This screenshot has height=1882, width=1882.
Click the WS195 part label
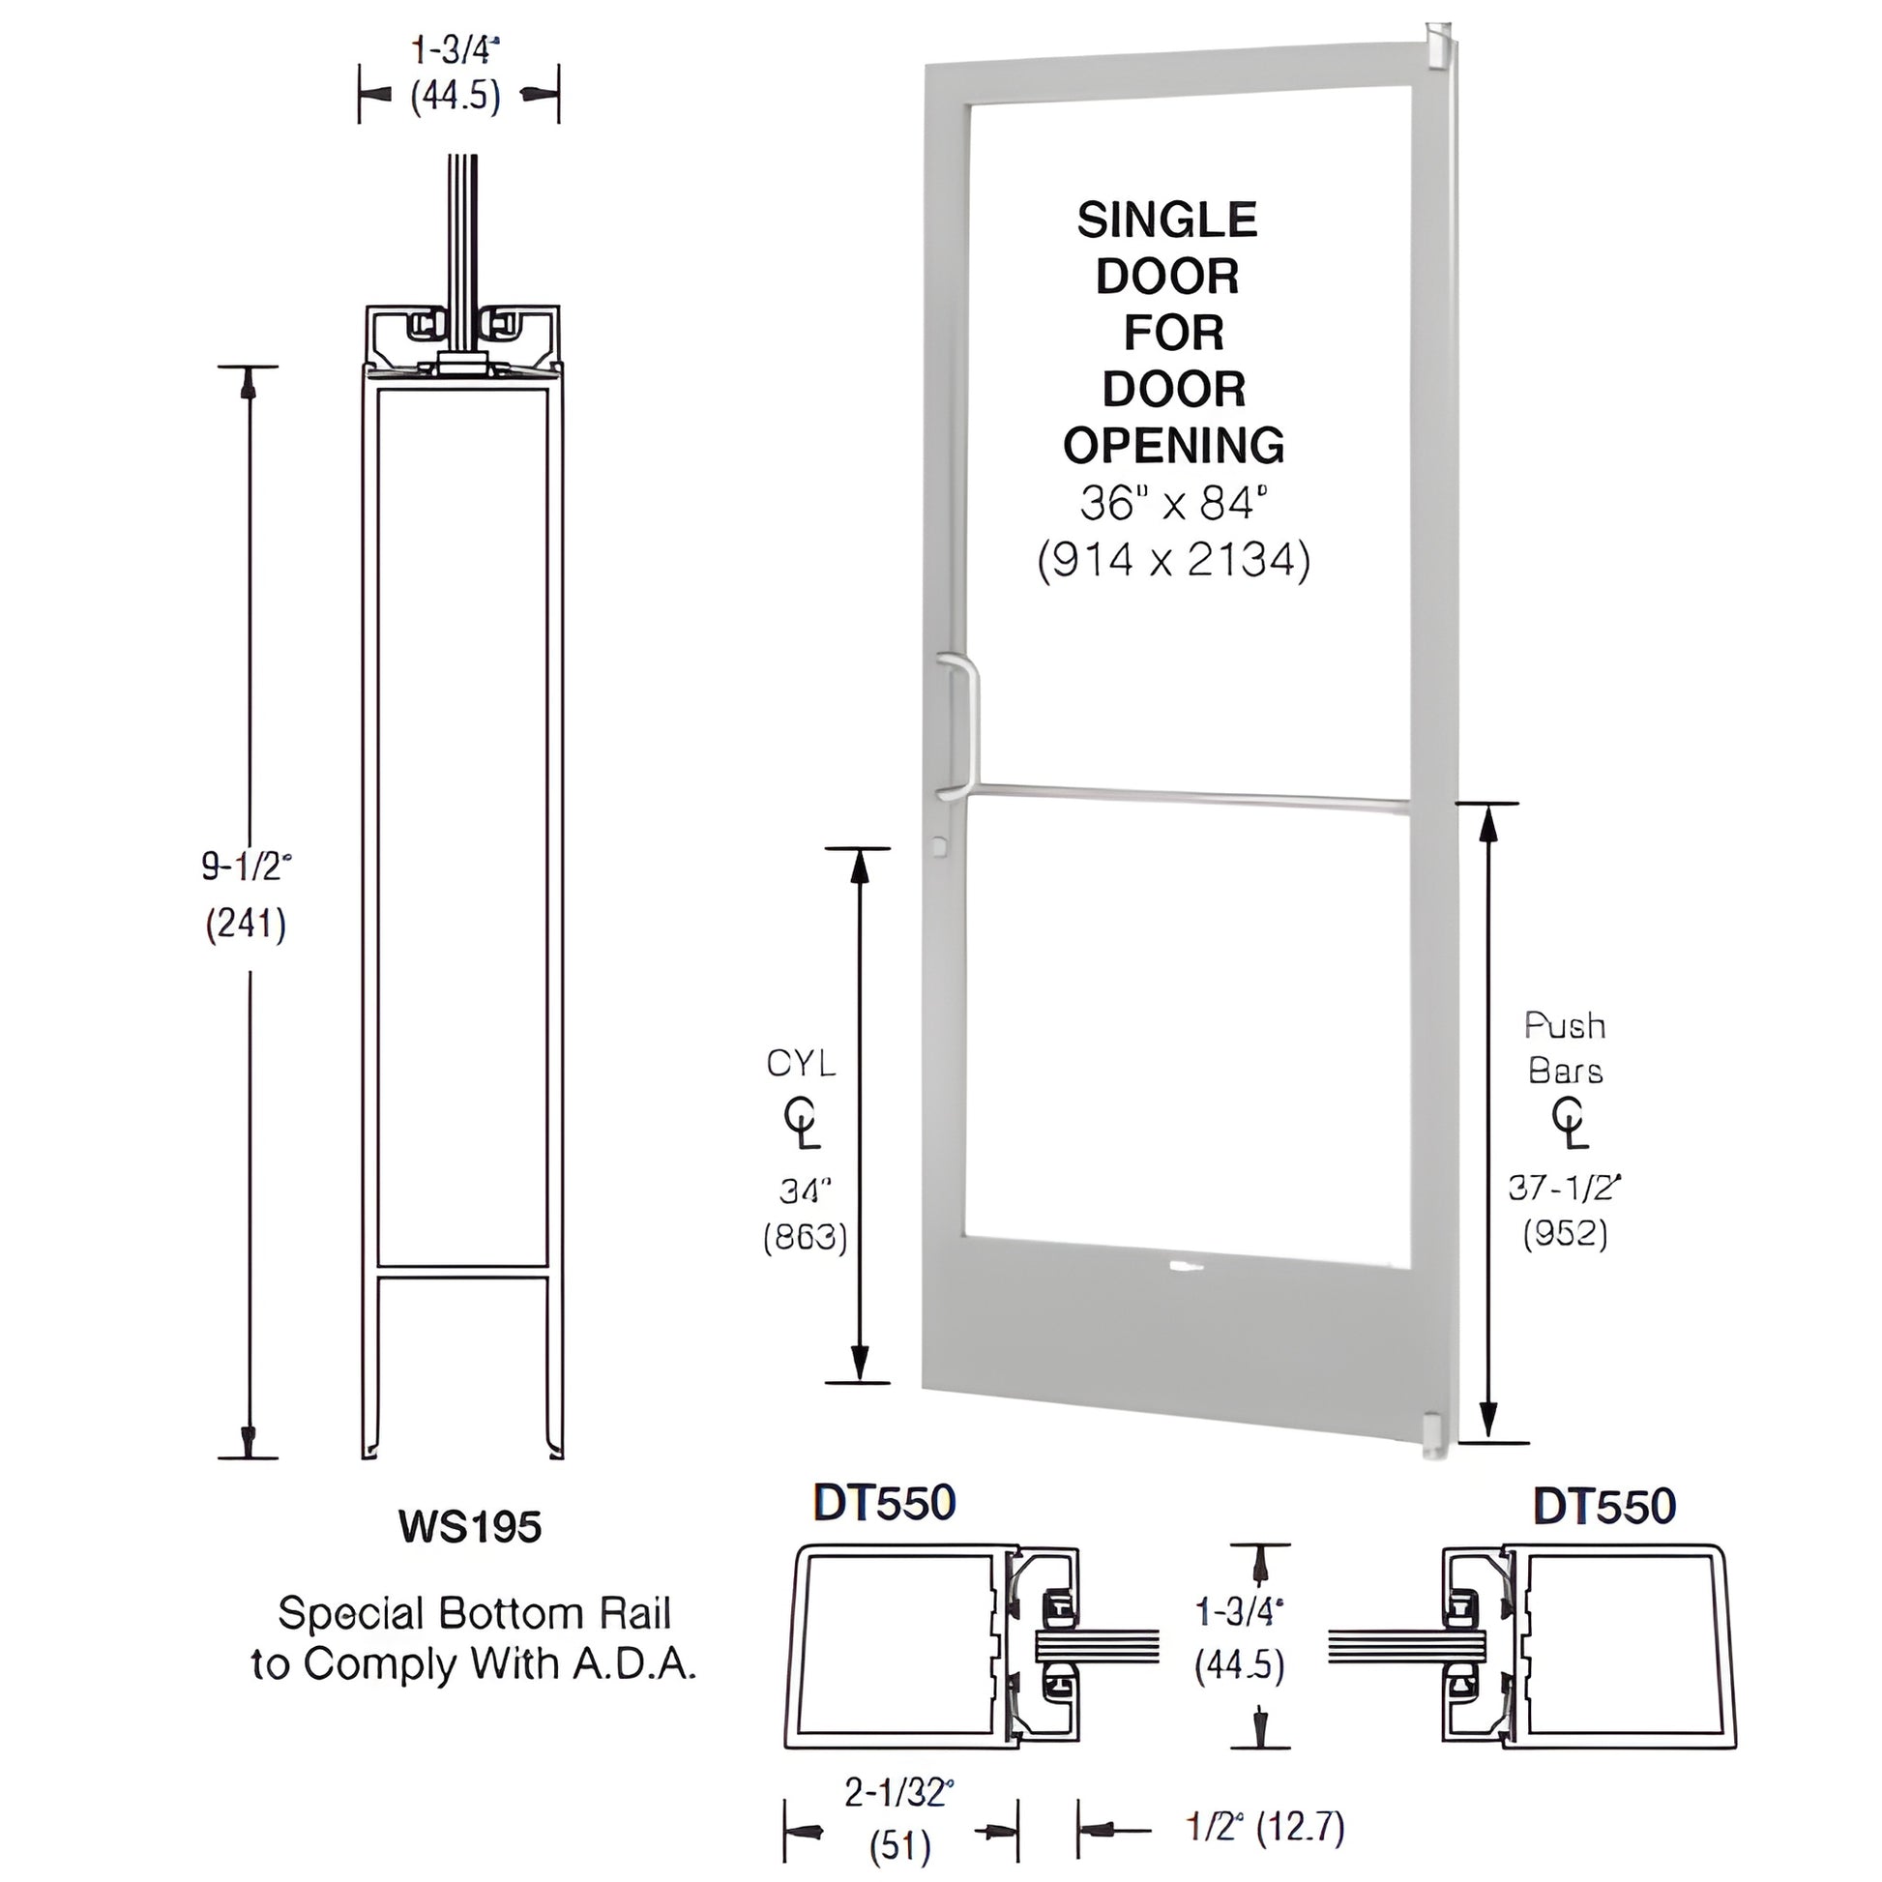click(469, 1526)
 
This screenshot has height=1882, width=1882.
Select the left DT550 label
click(885, 1503)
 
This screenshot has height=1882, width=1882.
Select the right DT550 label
click(1604, 1506)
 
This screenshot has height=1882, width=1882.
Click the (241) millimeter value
click(246, 924)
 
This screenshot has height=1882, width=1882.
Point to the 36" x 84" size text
click(1174, 504)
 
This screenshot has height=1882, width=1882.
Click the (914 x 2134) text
click(1174, 560)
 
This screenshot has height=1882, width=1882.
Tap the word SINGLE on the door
click(1167, 221)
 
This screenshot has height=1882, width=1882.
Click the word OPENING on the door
click(1174, 446)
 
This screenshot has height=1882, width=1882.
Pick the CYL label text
click(801, 1064)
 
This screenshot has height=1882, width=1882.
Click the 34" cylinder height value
click(805, 1190)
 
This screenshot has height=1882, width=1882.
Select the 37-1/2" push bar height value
click(1565, 1187)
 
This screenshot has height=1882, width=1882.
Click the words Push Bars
click(1566, 1048)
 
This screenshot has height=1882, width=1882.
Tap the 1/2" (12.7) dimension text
click(1265, 1828)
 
